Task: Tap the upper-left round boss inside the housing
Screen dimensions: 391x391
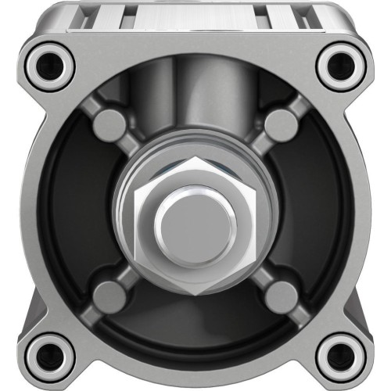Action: coord(109,124)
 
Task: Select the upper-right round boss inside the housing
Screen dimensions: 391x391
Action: coord(279,124)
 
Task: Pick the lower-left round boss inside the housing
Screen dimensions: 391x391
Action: coord(109,296)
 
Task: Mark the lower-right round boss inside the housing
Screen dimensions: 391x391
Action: coord(279,296)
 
